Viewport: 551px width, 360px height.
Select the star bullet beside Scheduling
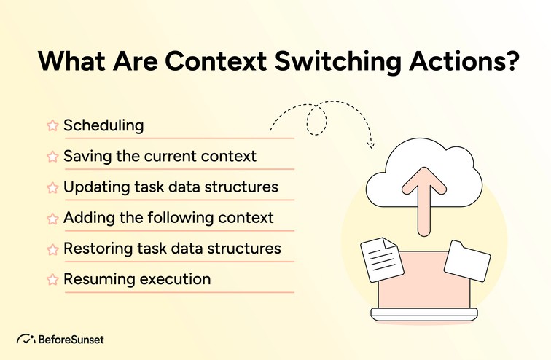click(x=52, y=125)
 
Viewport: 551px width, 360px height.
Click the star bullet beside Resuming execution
click(x=52, y=279)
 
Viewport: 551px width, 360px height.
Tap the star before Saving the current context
click(x=52, y=157)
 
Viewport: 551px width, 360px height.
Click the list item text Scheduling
click(x=103, y=125)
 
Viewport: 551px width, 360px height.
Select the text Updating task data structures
click(x=171, y=187)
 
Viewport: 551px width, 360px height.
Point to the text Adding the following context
click(x=168, y=217)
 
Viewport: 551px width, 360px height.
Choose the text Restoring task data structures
click(x=172, y=248)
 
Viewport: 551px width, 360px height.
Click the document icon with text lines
click(x=379, y=259)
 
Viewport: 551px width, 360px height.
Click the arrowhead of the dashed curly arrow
click(x=370, y=144)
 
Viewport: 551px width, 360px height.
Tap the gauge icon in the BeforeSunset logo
click(x=26, y=339)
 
